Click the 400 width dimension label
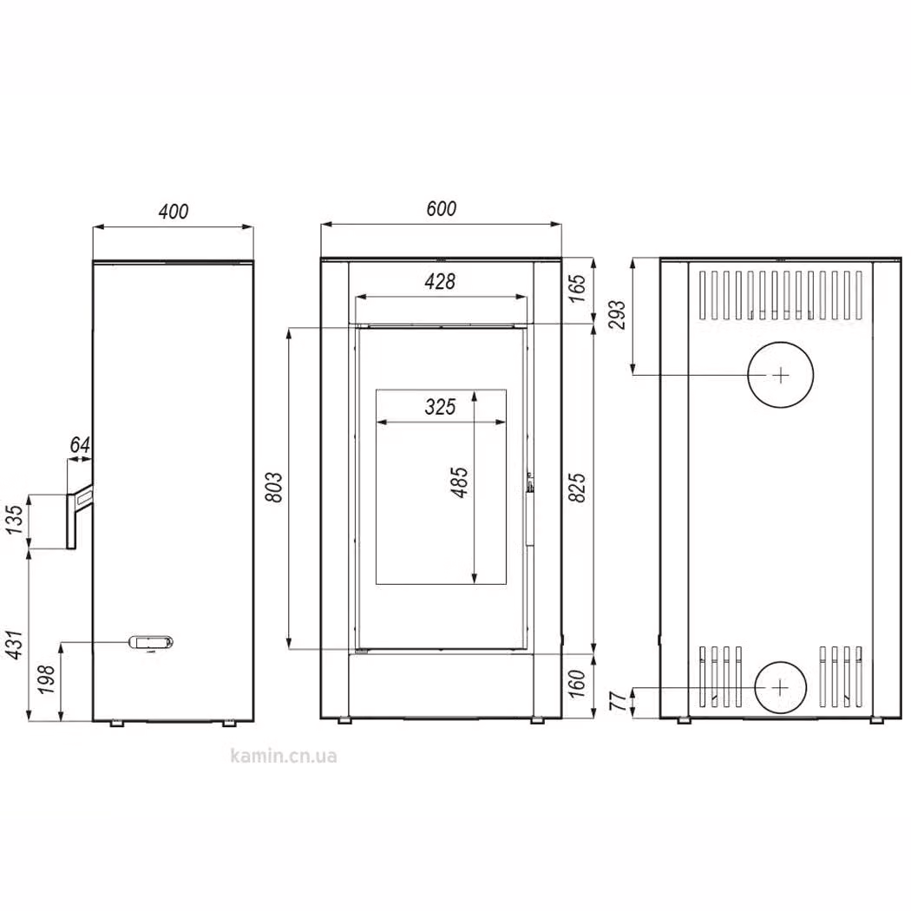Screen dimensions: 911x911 click(x=174, y=211)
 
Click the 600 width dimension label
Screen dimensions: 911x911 click(x=441, y=208)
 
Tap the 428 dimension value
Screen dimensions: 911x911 click(x=440, y=282)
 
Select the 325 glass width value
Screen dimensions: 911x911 click(x=440, y=407)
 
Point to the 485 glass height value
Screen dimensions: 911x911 click(x=459, y=482)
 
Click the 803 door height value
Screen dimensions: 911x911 click(x=273, y=487)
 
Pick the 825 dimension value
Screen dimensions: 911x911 click(x=578, y=487)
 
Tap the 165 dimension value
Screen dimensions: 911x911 click(x=578, y=289)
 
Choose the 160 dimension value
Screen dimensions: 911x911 click(x=577, y=684)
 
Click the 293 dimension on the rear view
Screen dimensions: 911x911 click(x=618, y=314)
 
